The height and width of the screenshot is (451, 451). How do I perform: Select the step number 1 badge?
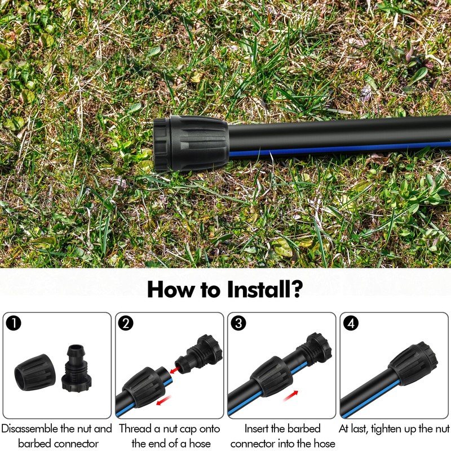14,323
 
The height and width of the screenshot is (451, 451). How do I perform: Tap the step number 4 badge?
351,323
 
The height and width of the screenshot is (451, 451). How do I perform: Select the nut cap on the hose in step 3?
269,375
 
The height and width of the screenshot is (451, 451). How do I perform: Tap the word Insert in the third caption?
259,429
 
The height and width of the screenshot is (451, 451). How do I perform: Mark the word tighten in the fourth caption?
389,429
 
